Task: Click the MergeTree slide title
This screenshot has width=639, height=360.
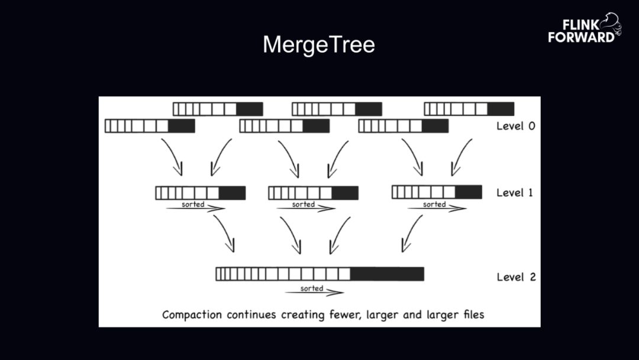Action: [319, 45]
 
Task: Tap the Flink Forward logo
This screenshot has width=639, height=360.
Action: [583, 29]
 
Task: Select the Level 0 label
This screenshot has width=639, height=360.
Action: [515, 126]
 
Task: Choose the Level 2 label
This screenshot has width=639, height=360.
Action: [515, 277]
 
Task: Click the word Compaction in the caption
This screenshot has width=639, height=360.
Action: [193, 314]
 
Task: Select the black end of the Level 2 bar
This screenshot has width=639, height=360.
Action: [387, 274]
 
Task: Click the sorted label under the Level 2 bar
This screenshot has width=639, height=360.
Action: [312, 288]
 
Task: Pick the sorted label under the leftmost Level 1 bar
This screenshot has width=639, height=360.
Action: [193, 204]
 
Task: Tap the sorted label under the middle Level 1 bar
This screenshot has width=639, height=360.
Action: [304, 204]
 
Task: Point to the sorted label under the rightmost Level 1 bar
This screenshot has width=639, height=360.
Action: [434, 204]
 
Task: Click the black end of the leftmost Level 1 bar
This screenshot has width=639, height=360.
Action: [232, 192]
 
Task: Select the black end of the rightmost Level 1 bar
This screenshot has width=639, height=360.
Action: [469, 192]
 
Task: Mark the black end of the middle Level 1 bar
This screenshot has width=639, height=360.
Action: [345, 192]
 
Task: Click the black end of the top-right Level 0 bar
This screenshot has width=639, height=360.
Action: [501, 109]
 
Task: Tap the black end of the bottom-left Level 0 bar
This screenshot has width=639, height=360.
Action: [181, 126]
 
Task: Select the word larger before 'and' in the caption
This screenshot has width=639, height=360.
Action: [382, 314]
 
